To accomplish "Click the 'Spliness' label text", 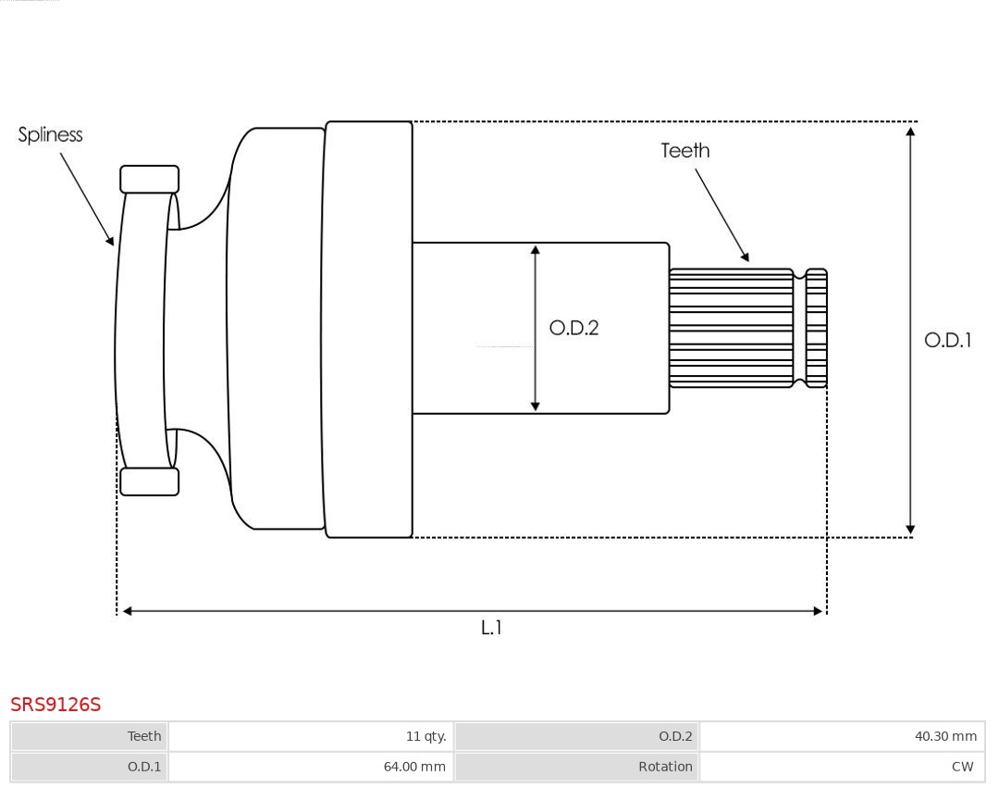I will [x=50, y=135].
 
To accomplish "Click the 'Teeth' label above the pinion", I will [x=684, y=151].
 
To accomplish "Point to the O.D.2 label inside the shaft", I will [x=573, y=328].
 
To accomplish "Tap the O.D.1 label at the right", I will [x=947, y=340].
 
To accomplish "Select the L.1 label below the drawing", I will [x=490, y=628].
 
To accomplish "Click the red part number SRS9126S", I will [x=55, y=705].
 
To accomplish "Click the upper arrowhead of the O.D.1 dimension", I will [x=910, y=131].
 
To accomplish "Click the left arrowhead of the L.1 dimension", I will [x=128, y=611].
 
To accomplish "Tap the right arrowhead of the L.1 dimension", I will [x=817, y=611].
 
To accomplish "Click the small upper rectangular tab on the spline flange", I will [x=150, y=179].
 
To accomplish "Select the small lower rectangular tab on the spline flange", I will [x=150, y=482].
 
